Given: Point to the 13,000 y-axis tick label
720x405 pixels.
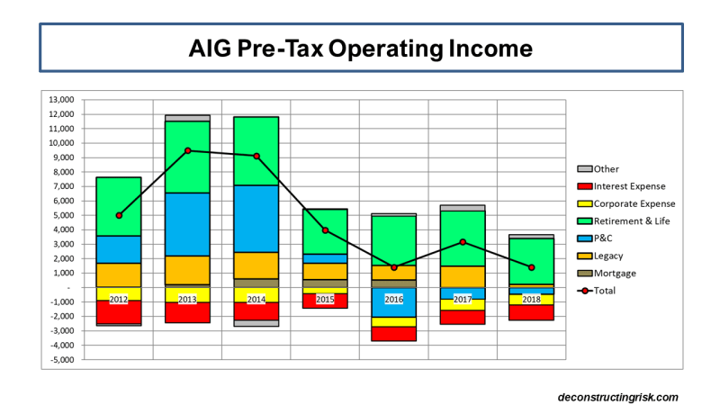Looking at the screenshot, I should click(x=62, y=99).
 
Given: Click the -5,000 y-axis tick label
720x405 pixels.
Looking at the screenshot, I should click(x=62, y=360).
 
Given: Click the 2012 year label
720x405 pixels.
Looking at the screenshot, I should click(x=119, y=298).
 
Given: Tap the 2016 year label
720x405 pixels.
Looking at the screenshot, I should click(x=394, y=298).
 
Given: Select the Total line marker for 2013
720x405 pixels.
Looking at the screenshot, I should click(x=188, y=150).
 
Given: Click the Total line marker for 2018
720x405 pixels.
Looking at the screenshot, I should click(x=532, y=267).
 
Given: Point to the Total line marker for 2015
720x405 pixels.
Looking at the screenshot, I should click(x=325, y=230).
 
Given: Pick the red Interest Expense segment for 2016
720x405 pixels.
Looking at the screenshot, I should click(x=394, y=333).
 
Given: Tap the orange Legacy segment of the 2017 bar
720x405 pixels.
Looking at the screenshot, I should click(x=463, y=276).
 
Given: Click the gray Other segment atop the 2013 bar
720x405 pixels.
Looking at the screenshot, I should click(x=188, y=118).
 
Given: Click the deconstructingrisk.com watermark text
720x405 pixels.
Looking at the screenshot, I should click(x=617, y=397).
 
